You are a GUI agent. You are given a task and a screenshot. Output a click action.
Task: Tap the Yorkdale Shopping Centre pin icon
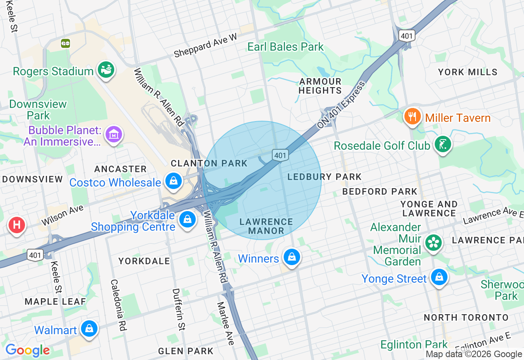(x=187, y=219)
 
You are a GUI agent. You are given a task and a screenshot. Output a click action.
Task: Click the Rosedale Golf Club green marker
(x=443, y=144)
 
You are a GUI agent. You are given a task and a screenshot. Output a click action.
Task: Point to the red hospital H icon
(x=17, y=225)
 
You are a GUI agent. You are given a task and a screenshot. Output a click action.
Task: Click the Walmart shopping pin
(x=89, y=328)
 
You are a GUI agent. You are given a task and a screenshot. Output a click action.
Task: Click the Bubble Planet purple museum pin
(x=114, y=134)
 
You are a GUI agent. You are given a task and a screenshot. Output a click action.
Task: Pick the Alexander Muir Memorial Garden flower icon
(x=433, y=242)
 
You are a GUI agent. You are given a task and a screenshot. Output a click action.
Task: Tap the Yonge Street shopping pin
(x=439, y=277)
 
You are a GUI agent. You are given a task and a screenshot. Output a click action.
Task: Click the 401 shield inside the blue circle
(x=280, y=155)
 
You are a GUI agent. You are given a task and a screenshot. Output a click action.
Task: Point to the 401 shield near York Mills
(x=407, y=36)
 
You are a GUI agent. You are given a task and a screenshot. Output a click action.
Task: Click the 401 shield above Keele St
(x=35, y=255)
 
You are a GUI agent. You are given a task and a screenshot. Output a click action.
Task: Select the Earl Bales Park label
(x=285, y=47)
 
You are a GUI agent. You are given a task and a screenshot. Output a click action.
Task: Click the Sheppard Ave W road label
(x=205, y=46)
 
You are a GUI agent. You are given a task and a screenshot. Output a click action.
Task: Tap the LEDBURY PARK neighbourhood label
(x=325, y=177)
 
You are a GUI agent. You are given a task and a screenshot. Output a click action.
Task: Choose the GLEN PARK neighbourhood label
(x=185, y=351)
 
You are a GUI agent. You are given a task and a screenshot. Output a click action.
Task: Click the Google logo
(x=27, y=350)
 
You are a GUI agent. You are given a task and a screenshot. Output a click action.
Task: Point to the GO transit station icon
(x=65, y=43)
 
